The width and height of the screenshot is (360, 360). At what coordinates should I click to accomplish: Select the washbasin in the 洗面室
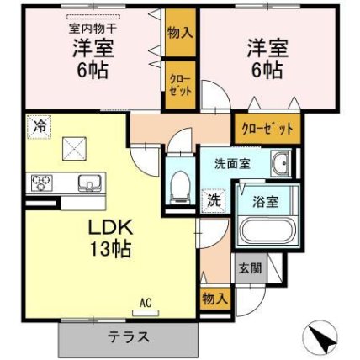280,163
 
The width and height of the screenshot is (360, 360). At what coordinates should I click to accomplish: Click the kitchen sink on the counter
90,183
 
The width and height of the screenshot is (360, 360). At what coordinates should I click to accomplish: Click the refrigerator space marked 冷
40,127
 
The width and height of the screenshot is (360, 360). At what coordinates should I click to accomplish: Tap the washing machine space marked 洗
214,200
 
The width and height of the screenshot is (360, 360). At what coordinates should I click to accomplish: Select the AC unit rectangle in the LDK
146,313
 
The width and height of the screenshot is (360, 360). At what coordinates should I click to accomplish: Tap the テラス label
129,336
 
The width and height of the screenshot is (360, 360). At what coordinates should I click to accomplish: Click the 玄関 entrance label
250,268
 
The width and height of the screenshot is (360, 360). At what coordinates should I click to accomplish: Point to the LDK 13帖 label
110,238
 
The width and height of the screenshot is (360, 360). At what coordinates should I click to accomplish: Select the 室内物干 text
93,28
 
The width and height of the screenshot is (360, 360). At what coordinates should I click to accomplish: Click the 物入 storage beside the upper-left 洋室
180,33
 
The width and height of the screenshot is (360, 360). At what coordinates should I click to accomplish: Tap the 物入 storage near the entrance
214,299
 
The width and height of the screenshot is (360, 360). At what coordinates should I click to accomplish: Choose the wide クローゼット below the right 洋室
267,129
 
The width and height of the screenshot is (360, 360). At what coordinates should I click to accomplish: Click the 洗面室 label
232,164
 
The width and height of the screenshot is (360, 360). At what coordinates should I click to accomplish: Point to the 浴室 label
266,202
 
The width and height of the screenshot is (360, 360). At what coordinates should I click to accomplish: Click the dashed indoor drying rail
93,17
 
